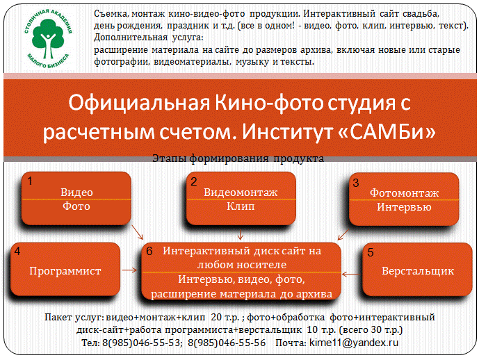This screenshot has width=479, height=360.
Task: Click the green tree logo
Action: [x=48, y=38]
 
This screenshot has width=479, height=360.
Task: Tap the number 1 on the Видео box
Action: [x=30, y=181]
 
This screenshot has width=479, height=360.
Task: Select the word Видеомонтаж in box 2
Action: [x=241, y=193]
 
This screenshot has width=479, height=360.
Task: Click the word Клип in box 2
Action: [x=241, y=206]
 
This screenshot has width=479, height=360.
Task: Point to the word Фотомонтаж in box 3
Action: [x=404, y=193]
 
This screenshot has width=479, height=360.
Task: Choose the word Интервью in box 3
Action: [x=404, y=207]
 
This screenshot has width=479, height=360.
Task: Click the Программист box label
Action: [x=65, y=271]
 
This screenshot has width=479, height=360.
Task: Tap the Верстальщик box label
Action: [x=418, y=271]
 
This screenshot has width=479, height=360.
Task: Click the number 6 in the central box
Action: [x=149, y=251]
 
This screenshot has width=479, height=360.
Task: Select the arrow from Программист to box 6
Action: [x=129, y=270]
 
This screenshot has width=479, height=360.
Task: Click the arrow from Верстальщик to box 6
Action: [x=351, y=275]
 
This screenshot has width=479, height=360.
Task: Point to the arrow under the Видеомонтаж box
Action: [x=240, y=234]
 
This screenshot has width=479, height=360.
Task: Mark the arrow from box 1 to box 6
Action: [x=137, y=232]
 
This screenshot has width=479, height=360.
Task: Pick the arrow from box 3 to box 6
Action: [x=343, y=234]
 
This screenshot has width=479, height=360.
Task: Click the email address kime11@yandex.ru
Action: [x=354, y=343]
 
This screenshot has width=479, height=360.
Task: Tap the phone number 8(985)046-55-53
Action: [x=141, y=343]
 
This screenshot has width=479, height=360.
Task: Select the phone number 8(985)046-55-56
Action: [x=227, y=343]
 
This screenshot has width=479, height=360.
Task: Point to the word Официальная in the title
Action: [x=139, y=103]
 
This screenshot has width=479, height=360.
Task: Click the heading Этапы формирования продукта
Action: [x=238, y=158]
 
